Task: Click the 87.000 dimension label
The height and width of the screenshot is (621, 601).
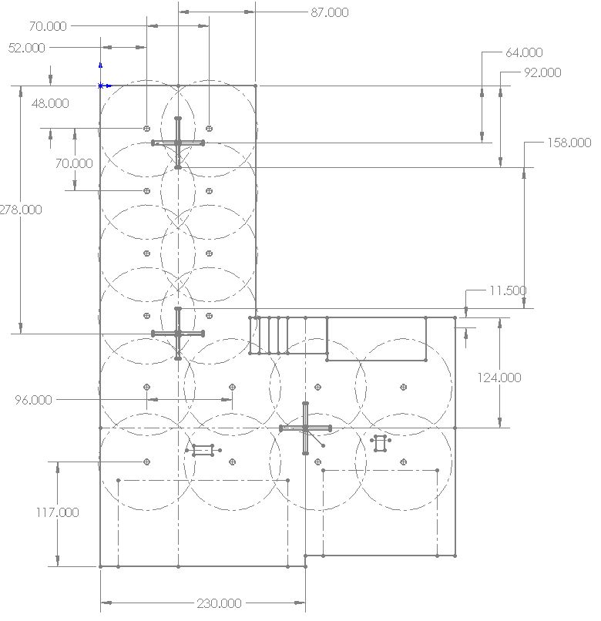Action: (328, 12)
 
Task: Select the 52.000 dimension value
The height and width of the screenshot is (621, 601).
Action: (26, 48)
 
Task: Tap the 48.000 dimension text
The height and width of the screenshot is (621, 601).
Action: (49, 103)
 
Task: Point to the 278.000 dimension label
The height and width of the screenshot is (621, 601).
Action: (22, 210)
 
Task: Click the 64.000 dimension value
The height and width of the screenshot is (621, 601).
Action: (524, 52)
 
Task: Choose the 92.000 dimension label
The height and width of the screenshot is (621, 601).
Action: (542, 72)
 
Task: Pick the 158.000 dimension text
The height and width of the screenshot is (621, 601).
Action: (569, 143)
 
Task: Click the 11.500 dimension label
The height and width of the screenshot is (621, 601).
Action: (508, 290)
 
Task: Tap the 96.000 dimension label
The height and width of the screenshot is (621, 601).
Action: (34, 400)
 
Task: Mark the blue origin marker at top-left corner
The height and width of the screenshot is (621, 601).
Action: (101, 86)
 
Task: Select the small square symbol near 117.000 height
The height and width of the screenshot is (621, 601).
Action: (203, 450)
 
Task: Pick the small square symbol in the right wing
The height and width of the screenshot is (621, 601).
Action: (380, 443)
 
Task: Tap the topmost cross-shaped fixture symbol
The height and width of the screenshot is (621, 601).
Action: (178, 143)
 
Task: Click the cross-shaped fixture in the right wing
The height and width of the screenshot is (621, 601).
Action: (306, 428)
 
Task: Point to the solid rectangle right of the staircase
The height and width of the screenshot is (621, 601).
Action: (377, 338)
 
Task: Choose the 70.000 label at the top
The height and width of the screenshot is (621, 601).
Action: (48, 26)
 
